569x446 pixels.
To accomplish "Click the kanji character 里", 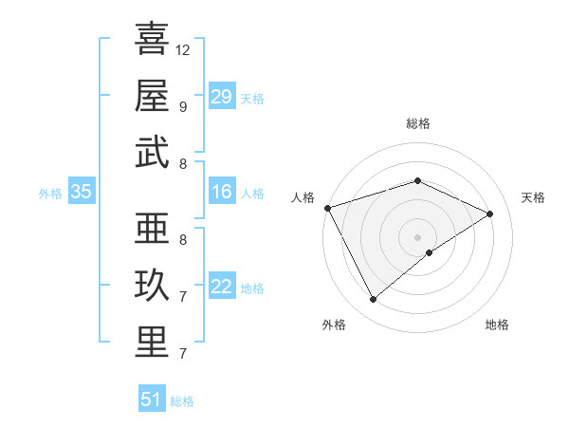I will coord(152,343).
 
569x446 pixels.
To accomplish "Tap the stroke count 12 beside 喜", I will coord(183,49).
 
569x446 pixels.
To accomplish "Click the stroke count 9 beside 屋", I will coord(182,106).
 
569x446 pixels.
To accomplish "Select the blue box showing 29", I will coord(222,97).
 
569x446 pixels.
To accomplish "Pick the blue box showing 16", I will coord(222,193).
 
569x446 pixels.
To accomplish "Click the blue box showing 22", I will coord(222,287).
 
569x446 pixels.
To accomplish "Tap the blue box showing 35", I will coord(81,193).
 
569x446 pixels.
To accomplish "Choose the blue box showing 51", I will coord(152,400).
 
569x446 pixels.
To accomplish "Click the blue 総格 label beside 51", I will coord(182,401).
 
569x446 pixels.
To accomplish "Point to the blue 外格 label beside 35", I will coord(50,194).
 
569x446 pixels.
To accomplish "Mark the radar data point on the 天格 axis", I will coord(490,214).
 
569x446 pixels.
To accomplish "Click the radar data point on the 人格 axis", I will coord(327,208).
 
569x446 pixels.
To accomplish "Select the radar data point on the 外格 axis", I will coord(373,300).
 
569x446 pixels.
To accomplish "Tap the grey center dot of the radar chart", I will coord(418,236).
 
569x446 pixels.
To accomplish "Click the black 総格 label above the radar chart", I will coord(418,123).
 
